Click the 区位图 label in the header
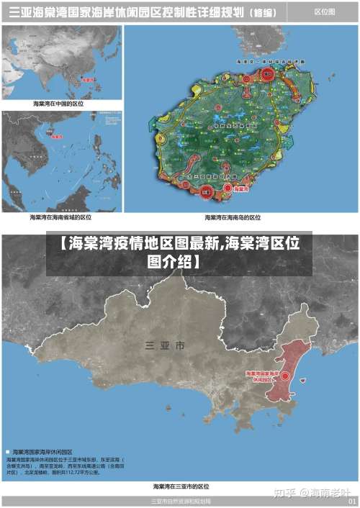(x=325, y=12)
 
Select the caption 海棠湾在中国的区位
(x=59, y=104)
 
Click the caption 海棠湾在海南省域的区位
(x=60, y=217)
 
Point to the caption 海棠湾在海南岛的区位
(x=233, y=217)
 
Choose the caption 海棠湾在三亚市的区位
(x=181, y=487)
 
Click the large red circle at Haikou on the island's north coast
(x=266, y=74)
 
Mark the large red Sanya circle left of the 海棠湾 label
(x=207, y=191)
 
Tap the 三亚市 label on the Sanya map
(x=165, y=346)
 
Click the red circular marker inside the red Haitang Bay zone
(x=286, y=376)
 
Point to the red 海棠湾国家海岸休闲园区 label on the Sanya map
(x=263, y=376)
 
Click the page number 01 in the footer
(x=352, y=501)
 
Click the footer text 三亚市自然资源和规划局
(x=180, y=501)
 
